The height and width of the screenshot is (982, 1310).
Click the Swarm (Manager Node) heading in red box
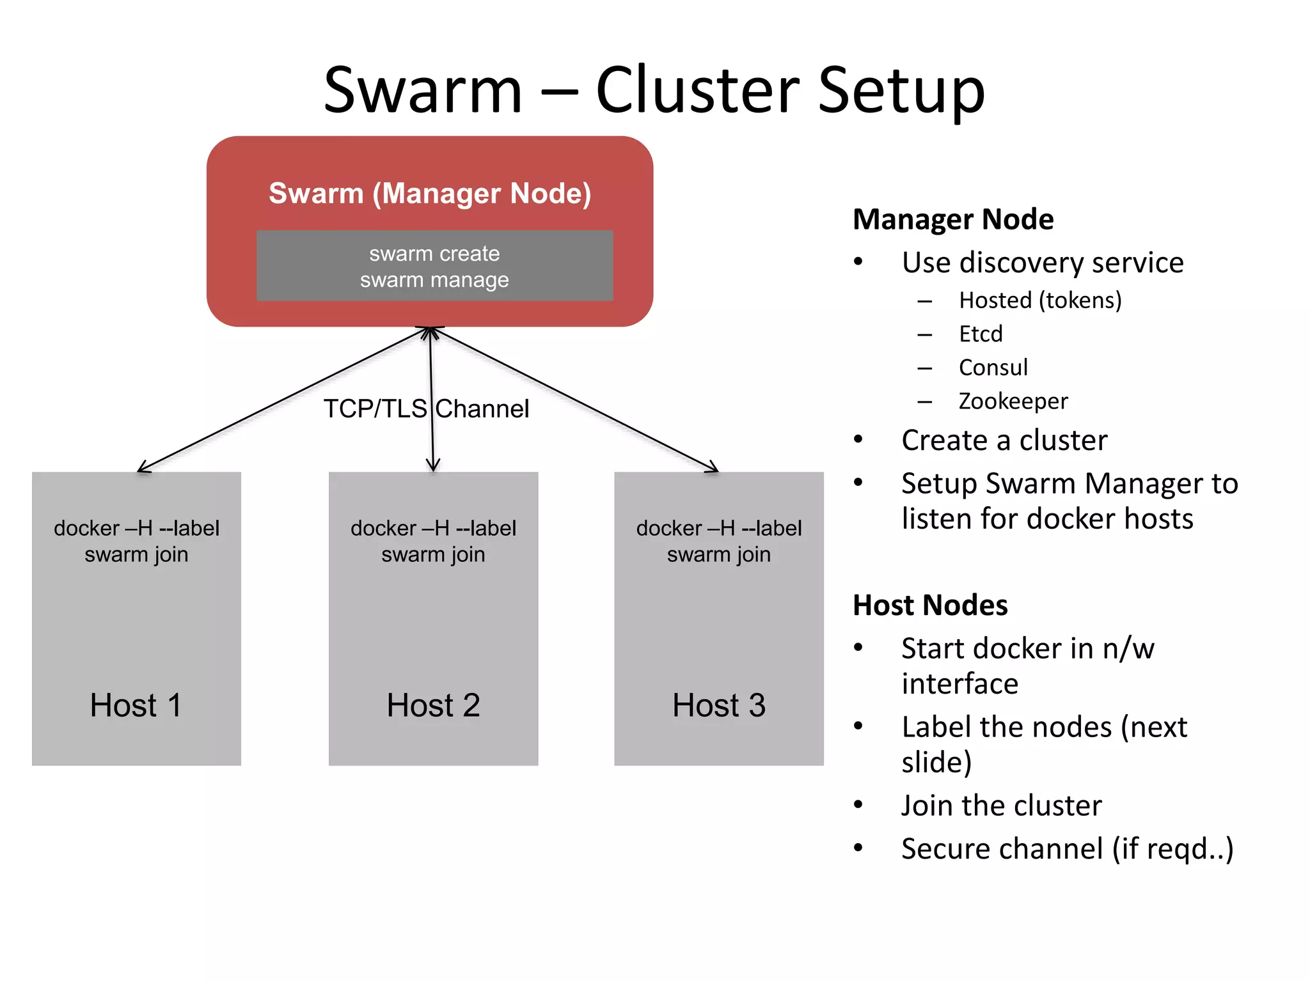429,193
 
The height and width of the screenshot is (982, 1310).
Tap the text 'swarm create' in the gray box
434,254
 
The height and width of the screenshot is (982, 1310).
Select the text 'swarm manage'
434,280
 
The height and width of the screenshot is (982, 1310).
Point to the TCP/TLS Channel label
426,409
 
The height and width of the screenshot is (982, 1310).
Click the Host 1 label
136,705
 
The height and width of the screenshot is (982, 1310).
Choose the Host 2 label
433,705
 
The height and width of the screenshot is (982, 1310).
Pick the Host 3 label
718,705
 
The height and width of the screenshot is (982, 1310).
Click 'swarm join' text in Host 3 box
718,554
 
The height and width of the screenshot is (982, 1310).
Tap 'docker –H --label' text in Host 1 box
136,528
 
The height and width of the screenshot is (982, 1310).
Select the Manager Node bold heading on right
953,219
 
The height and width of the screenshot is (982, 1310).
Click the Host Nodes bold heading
930,605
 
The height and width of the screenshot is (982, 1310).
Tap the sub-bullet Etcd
981,334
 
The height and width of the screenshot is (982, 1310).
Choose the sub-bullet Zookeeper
1013,401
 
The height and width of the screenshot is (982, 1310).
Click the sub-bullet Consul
993,368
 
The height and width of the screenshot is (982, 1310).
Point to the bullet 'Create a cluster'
1004,440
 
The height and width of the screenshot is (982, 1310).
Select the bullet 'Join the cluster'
1002,806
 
